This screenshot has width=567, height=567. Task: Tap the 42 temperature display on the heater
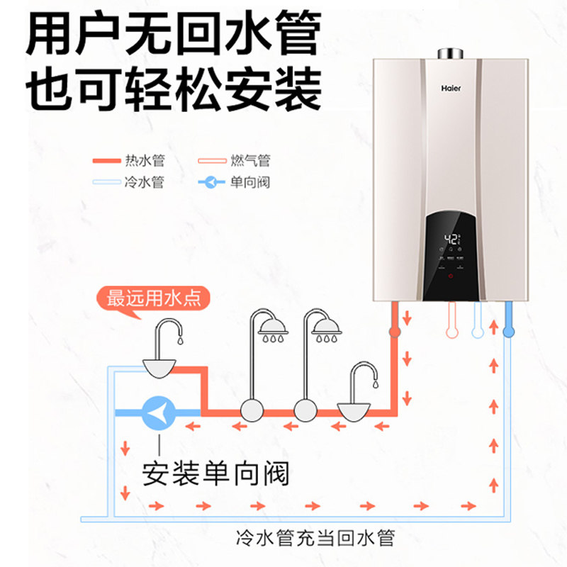pos(450,239)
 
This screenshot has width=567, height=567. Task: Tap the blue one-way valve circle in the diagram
pos(160,411)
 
